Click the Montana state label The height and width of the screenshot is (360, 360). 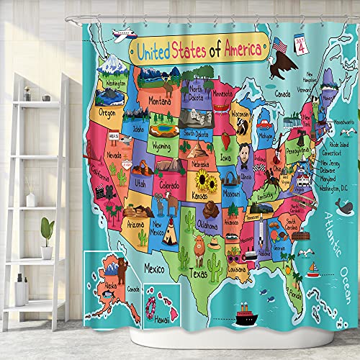click(165, 102)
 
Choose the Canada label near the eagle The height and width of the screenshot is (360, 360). click(284, 93)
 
